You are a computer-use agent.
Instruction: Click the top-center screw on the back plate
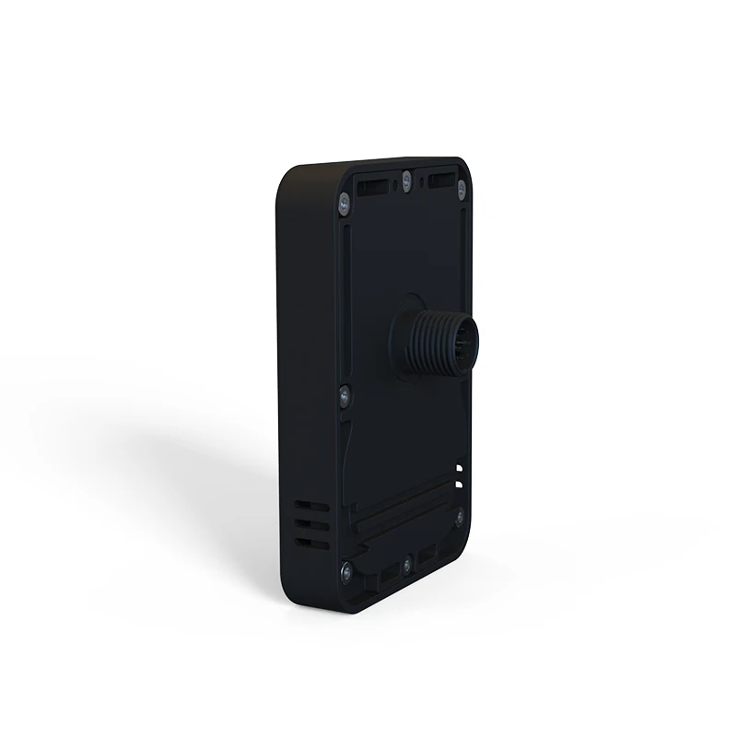[x=406, y=178]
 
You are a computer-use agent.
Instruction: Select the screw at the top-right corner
[x=462, y=185]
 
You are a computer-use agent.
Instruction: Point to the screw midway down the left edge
[x=342, y=394]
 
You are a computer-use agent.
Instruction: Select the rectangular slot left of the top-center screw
[x=371, y=188]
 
